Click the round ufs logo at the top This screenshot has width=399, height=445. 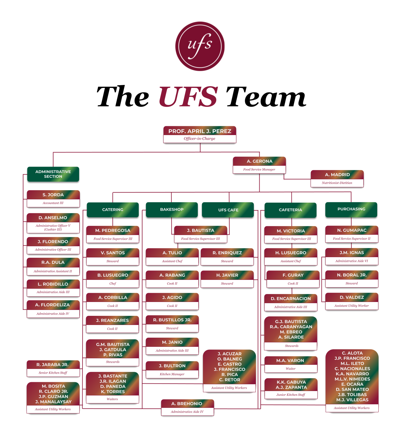pos(200,46)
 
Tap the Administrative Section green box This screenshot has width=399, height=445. pos(53,174)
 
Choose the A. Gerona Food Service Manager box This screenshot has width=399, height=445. pos(259,165)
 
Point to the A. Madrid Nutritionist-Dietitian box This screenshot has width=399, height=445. pos(337,178)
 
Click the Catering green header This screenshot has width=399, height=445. pos(113,210)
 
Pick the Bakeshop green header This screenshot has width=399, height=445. pos(172,209)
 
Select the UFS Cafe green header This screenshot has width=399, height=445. pos(228,210)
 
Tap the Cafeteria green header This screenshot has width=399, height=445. pos(291,210)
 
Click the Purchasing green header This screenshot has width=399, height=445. pos(351,209)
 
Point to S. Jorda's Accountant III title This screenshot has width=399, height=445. pos(53,203)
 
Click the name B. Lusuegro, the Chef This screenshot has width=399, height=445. pos(113,275)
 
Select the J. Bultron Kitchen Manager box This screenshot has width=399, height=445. pos(172,370)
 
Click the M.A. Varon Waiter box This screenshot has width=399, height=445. pos(291,364)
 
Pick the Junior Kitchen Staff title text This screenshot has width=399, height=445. pos(291,395)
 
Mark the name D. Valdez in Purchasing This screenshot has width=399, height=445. pos(352,297)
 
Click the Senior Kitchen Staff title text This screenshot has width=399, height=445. pos(53,373)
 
